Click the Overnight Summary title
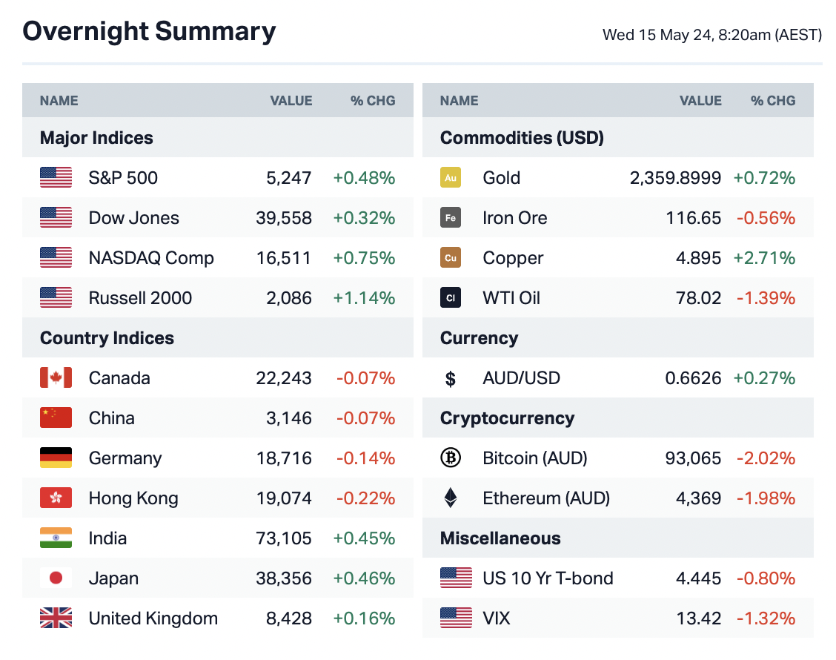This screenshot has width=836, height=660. click(x=149, y=32)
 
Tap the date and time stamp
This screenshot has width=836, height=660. click(x=711, y=35)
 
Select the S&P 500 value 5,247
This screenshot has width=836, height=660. click(x=289, y=178)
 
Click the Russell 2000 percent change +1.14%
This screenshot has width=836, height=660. click(x=364, y=298)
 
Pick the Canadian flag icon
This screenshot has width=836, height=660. click(x=56, y=378)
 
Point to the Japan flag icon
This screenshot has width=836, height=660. click(x=56, y=578)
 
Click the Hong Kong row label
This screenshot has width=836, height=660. click(x=133, y=498)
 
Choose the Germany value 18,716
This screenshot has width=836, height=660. click(x=284, y=458)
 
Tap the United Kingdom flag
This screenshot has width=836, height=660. click(x=56, y=618)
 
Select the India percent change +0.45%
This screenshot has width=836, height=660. click(x=364, y=538)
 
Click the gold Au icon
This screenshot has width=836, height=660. click(x=450, y=178)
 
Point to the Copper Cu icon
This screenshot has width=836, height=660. click(x=450, y=258)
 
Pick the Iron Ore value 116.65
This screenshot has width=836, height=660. click(x=693, y=218)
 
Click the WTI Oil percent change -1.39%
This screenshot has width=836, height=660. click(x=766, y=298)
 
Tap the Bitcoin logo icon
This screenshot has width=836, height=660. click(x=450, y=458)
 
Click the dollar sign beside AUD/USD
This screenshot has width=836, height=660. click(x=450, y=379)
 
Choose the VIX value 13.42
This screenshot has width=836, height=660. click(x=699, y=618)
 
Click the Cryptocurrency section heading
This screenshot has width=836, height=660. click(x=507, y=418)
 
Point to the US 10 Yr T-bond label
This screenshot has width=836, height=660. click(x=548, y=578)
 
